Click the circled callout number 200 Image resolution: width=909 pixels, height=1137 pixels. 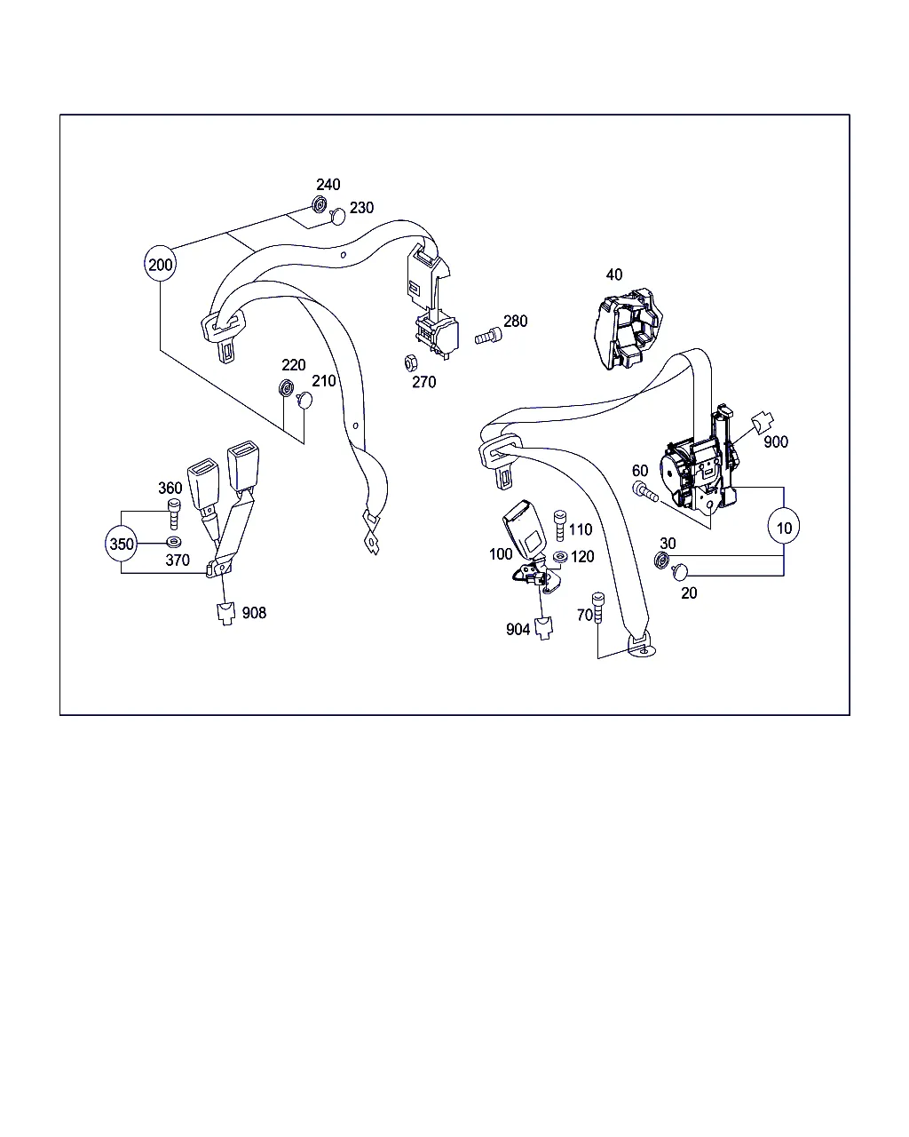click(x=160, y=264)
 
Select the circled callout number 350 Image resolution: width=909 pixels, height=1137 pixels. click(x=122, y=543)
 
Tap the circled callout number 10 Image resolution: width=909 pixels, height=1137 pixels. click(x=784, y=528)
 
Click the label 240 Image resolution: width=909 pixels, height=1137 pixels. click(x=328, y=185)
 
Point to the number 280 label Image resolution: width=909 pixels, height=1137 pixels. click(x=515, y=321)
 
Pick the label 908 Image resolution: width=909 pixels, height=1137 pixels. click(x=254, y=613)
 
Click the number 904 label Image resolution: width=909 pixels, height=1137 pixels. click(x=518, y=629)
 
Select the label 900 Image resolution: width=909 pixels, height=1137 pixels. click(x=776, y=441)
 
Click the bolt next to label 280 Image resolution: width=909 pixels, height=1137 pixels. click(x=488, y=336)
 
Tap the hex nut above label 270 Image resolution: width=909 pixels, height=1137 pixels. click(x=410, y=363)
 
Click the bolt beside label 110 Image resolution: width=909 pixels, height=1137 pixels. click(x=560, y=525)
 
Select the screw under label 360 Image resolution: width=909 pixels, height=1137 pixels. click(x=174, y=513)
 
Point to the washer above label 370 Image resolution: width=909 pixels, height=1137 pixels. click(x=174, y=542)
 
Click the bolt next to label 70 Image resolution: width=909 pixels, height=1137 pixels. click(x=598, y=608)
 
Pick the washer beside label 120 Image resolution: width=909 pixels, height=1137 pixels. click(x=560, y=557)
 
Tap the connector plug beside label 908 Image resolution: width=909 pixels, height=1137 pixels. click(x=226, y=614)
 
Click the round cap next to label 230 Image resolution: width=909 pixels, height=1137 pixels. click(x=337, y=217)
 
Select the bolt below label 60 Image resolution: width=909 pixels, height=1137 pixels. click(x=644, y=491)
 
